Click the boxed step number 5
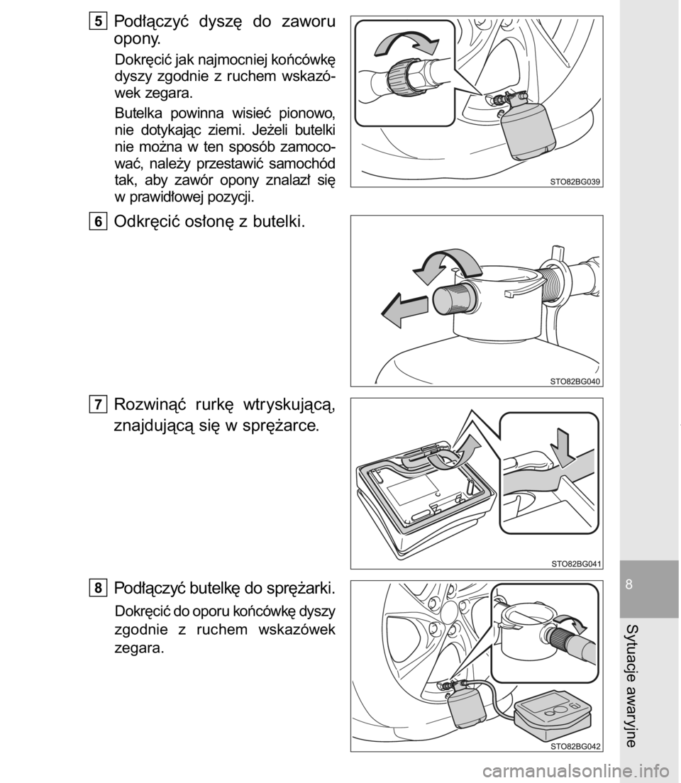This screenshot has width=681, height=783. click(99, 22)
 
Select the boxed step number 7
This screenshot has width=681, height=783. click(99, 404)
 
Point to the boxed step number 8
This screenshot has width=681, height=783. click(99, 588)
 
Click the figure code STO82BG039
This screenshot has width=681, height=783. click(575, 182)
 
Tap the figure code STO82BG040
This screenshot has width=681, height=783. click(575, 382)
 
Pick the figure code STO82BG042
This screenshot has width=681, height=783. click(575, 747)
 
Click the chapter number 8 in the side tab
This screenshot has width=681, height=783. click(629, 584)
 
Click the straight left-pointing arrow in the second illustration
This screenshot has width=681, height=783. click(405, 311)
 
